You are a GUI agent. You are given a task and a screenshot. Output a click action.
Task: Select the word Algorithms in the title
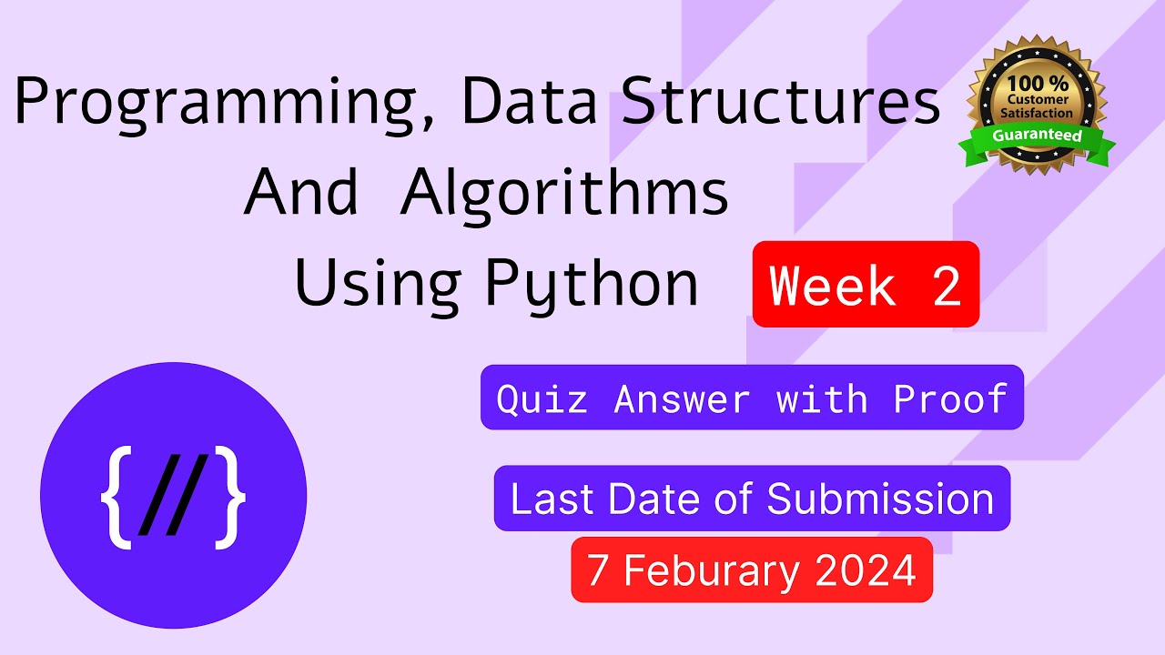(x=564, y=193)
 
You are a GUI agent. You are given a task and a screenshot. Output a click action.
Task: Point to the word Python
(x=592, y=284)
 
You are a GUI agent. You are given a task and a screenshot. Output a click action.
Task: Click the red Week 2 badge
(x=866, y=285)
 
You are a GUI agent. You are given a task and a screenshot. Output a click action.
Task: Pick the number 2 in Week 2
(x=945, y=286)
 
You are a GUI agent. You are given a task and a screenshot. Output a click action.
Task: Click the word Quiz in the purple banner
(x=542, y=398)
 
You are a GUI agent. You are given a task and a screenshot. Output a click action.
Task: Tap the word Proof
(x=950, y=398)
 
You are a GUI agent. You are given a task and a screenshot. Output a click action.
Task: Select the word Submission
(x=880, y=499)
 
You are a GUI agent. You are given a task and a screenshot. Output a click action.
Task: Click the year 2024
(x=866, y=570)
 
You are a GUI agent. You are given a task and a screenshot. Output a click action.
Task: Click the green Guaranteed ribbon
(x=1037, y=136)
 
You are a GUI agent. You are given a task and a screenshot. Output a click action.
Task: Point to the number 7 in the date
(x=597, y=570)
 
